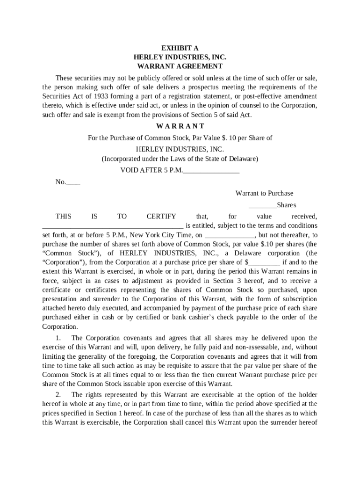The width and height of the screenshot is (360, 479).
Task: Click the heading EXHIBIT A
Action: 180,48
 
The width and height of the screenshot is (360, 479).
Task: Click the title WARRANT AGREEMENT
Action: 180,66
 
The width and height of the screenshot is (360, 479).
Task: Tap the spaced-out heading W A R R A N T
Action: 180,126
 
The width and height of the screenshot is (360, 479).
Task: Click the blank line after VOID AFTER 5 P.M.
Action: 211,171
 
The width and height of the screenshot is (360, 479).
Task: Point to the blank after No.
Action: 73,182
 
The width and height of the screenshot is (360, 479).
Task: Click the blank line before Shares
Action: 262,205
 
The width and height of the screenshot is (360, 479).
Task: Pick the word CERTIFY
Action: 161,217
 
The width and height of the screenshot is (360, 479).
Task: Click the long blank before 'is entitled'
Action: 113,226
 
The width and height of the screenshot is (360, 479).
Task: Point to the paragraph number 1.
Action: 58,338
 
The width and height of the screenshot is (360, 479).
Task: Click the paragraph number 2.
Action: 58,395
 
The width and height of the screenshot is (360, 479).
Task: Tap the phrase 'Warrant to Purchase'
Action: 264,193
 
